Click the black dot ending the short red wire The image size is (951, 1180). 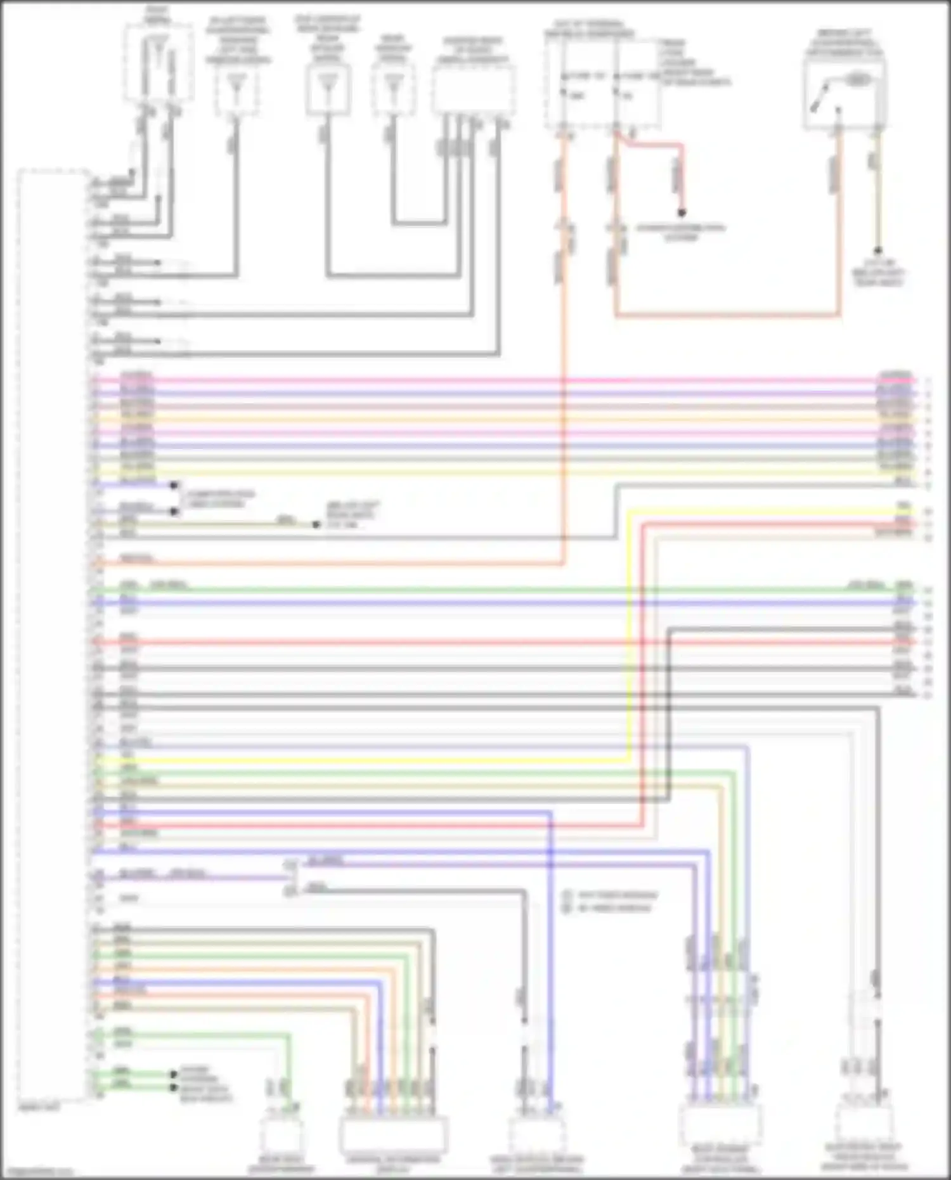(x=682, y=212)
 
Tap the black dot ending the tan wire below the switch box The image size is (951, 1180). (x=877, y=251)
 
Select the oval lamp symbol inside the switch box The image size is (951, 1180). (x=857, y=80)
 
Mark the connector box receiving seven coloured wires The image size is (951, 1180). (x=393, y=1134)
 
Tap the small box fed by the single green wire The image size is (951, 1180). (x=281, y=1135)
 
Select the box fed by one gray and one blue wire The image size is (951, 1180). (x=536, y=1135)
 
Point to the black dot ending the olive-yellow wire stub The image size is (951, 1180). (x=316, y=525)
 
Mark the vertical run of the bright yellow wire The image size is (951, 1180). (x=629, y=634)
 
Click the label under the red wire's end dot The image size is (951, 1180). (x=680, y=233)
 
